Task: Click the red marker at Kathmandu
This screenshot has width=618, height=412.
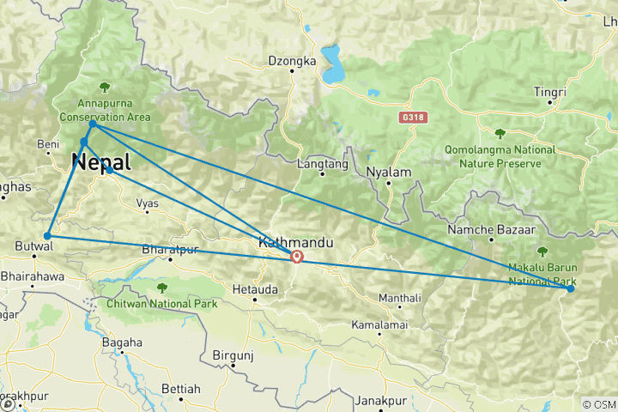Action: [x=296, y=256]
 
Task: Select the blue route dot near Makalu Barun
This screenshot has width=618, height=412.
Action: [x=570, y=288]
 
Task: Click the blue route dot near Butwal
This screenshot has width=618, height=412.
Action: [x=48, y=235]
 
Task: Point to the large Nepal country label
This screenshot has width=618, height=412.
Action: [x=101, y=161]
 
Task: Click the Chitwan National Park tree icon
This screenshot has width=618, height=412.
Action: [x=161, y=288]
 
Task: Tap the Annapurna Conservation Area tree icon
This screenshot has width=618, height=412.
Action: [x=104, y=87]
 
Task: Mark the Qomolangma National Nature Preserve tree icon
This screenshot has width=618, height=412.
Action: [x=500, y=133]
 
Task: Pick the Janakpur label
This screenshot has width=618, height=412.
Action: [x=380, y=401]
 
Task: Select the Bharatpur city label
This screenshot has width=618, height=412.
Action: [x=170, y=249]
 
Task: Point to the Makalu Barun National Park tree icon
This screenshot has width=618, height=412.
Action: [x=542, y=251]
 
